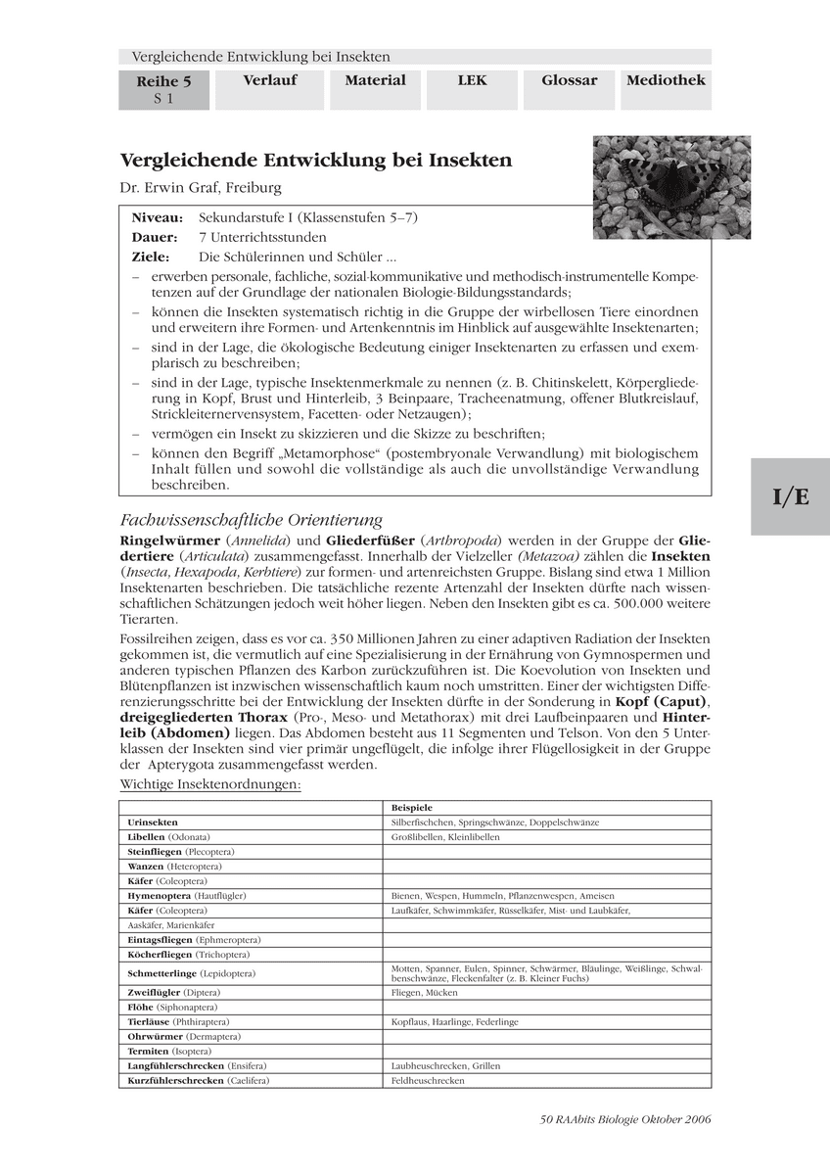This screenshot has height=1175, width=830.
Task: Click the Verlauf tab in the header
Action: coord(269,81)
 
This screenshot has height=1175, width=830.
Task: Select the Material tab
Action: coord(375,81)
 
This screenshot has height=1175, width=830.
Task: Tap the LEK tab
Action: coord(472,81)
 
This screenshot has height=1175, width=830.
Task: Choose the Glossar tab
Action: coord(569,81)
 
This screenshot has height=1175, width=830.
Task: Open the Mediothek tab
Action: coord(666,81)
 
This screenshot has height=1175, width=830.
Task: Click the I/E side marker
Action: coord(790,496)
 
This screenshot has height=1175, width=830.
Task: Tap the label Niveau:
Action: coord(157,217)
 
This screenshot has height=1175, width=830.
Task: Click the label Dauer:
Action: coord(155,237)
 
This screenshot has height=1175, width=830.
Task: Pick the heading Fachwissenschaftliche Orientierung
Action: coord(251,520)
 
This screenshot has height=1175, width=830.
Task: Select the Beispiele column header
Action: coord(412,807)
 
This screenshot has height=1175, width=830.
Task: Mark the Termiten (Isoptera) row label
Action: coord(161,1051)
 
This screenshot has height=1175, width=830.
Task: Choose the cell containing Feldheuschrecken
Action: coord(428,1080)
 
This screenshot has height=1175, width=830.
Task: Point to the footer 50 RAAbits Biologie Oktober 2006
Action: coord(624,1119)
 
